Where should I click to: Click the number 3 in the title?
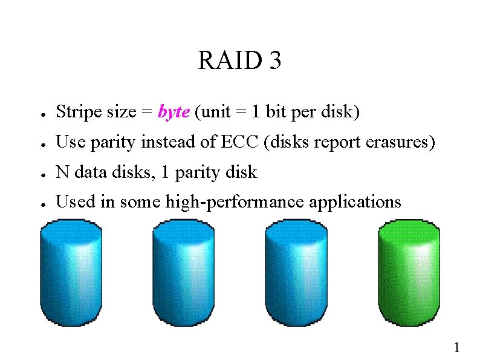[274, 61]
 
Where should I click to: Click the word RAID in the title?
[227, 61]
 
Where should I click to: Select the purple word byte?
[174, 113]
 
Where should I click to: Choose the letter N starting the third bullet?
[62, 172]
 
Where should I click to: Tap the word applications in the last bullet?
[355, 202]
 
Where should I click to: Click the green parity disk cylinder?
[409, 272]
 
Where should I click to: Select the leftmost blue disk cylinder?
[71, 272]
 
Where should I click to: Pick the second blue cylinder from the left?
[184, 272]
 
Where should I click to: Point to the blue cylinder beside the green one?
[296, 272]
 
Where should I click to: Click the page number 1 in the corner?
[457, 347]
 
